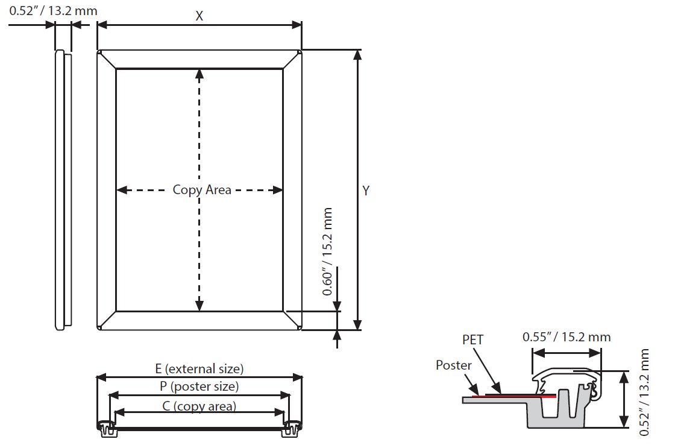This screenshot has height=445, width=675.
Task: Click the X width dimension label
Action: pos(199,16)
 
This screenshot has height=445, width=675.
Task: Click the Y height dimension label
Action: pos(366,191)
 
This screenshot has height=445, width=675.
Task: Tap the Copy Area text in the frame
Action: pos(202,189)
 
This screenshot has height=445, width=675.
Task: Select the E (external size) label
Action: pos(199,368)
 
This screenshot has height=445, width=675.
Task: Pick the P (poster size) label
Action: pos(199,387)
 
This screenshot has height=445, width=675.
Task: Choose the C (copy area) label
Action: pos(199,406)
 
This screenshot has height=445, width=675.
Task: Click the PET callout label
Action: pos(473,339)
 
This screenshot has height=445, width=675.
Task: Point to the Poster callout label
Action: pos(453,365)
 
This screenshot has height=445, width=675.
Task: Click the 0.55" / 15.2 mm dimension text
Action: pos(566,336)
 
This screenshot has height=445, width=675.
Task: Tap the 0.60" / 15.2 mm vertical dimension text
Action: pos(327,251)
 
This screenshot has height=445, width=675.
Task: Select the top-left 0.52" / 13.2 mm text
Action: pos(53,11)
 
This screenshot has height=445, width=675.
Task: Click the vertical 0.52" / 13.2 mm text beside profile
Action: pos(645,392)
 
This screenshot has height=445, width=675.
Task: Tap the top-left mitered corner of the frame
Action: pos(106,59)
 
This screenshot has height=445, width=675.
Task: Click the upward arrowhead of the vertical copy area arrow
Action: pos(199,74)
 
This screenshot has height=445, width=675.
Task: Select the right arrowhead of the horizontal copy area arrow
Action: pos(278,190)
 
